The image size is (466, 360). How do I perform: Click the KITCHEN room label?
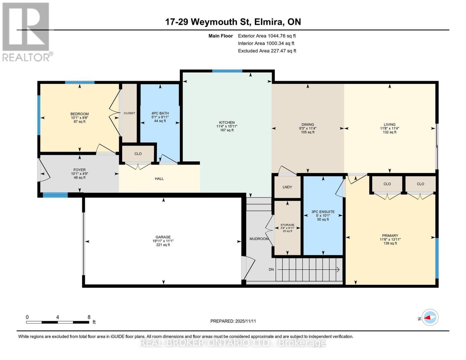click(x=227, y=122)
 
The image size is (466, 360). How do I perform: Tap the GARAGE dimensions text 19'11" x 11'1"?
click(x=163, y=241)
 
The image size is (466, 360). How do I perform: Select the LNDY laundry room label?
click(x=287, y=187)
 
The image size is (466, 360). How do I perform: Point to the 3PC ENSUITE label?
click(x=323, y=211)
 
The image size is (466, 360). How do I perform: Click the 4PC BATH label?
click(x=160, y=113)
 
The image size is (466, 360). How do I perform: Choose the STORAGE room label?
click(x=287, y=225)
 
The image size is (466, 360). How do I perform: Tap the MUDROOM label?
click(x=259, y=239)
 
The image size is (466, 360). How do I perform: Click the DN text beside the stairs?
click(x=271, y=269)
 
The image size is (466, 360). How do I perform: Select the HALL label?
click(x=159, y=178)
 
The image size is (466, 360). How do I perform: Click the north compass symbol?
click(x=430, y=317)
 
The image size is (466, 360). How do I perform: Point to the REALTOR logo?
click(x=26, y=32)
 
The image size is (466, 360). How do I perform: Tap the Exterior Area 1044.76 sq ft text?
click(x=267, y=36)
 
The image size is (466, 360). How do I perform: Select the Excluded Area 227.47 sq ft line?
click(x=267, y=51)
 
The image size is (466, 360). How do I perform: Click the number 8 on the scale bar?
click(x=89, y=317)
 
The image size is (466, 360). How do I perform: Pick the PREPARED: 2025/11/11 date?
click(x=233, y=321)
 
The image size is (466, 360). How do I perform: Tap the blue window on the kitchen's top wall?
click(x=227, y=71)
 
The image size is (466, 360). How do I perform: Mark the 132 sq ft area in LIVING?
click(x=390, y=132)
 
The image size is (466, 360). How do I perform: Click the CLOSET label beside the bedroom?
click(x=129, y=113)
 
